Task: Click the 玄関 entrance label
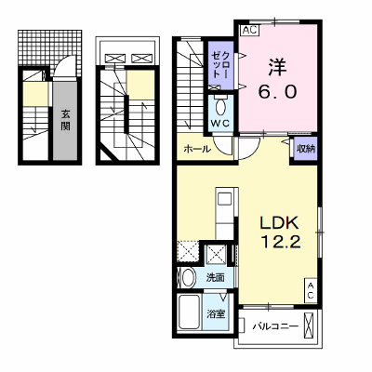pos(65,120)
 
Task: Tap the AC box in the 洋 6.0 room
pos(250,30)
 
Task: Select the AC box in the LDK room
pos(311,291)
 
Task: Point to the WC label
pos(220,123)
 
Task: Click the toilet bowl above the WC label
pos(220,107)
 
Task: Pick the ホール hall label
pos(197,150)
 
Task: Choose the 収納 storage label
pos(306,149)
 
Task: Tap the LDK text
pos(279,223)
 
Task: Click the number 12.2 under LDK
pos(281,242)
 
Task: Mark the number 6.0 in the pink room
pos(278,91)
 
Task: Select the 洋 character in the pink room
pos(277,68)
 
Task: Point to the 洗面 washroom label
pos(216,277)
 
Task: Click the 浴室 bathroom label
pos(216,314)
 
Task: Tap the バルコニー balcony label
pos(275,326)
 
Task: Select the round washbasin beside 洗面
pos(188,277)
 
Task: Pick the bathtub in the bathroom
pos(189,312)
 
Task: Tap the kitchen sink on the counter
pos(224,198)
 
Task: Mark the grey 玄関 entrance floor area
pos(65,121)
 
